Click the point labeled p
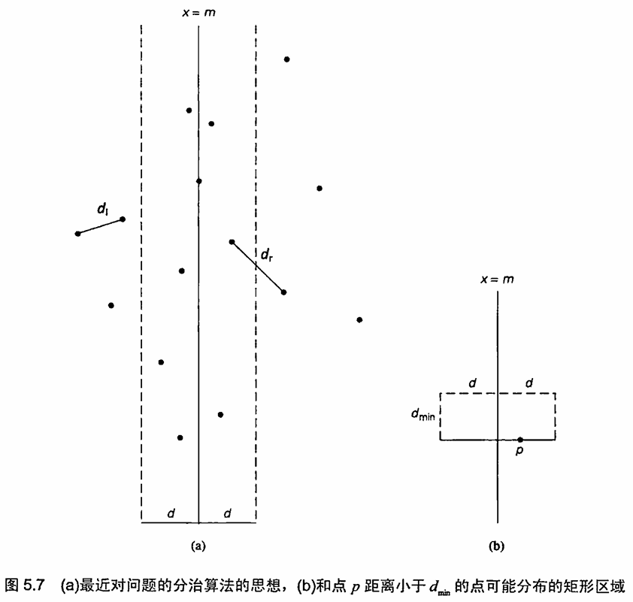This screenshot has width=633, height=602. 520,440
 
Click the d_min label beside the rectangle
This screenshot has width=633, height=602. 423,414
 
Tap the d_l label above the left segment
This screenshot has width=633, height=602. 102,209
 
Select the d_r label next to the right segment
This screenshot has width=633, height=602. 266,255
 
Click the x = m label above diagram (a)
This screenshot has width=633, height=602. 198,13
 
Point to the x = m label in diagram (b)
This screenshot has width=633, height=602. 497,280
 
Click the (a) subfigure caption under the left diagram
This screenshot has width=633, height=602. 198,546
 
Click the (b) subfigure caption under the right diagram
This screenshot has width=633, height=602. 496,546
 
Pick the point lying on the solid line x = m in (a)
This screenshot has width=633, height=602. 198,181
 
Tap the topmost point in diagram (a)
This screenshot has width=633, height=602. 286,59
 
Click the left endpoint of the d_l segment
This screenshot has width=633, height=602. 78,234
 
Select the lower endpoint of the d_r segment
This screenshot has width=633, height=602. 283,292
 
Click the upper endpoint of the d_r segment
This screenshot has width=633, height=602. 232,242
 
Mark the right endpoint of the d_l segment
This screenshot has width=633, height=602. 123,219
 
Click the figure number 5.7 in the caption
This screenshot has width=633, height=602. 34,585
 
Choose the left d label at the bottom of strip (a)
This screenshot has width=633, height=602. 171,513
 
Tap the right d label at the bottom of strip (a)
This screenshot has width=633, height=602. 228,513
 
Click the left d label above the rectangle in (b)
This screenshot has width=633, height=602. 473,383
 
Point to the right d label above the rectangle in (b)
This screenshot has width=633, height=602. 529,383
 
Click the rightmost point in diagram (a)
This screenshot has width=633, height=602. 359,320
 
